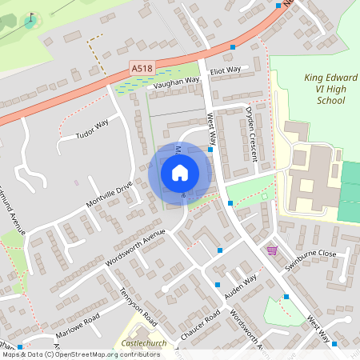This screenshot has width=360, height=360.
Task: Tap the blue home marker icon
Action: tap(180, 173)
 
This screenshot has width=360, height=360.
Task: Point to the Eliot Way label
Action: tap(225, 70)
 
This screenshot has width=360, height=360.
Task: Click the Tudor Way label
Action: tap(91, 130)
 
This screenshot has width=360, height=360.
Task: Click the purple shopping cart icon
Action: tap(273, 250)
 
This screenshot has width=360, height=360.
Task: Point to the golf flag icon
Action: tap(31, 16)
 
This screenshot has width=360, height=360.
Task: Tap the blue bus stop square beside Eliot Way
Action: tap(233, 48)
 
